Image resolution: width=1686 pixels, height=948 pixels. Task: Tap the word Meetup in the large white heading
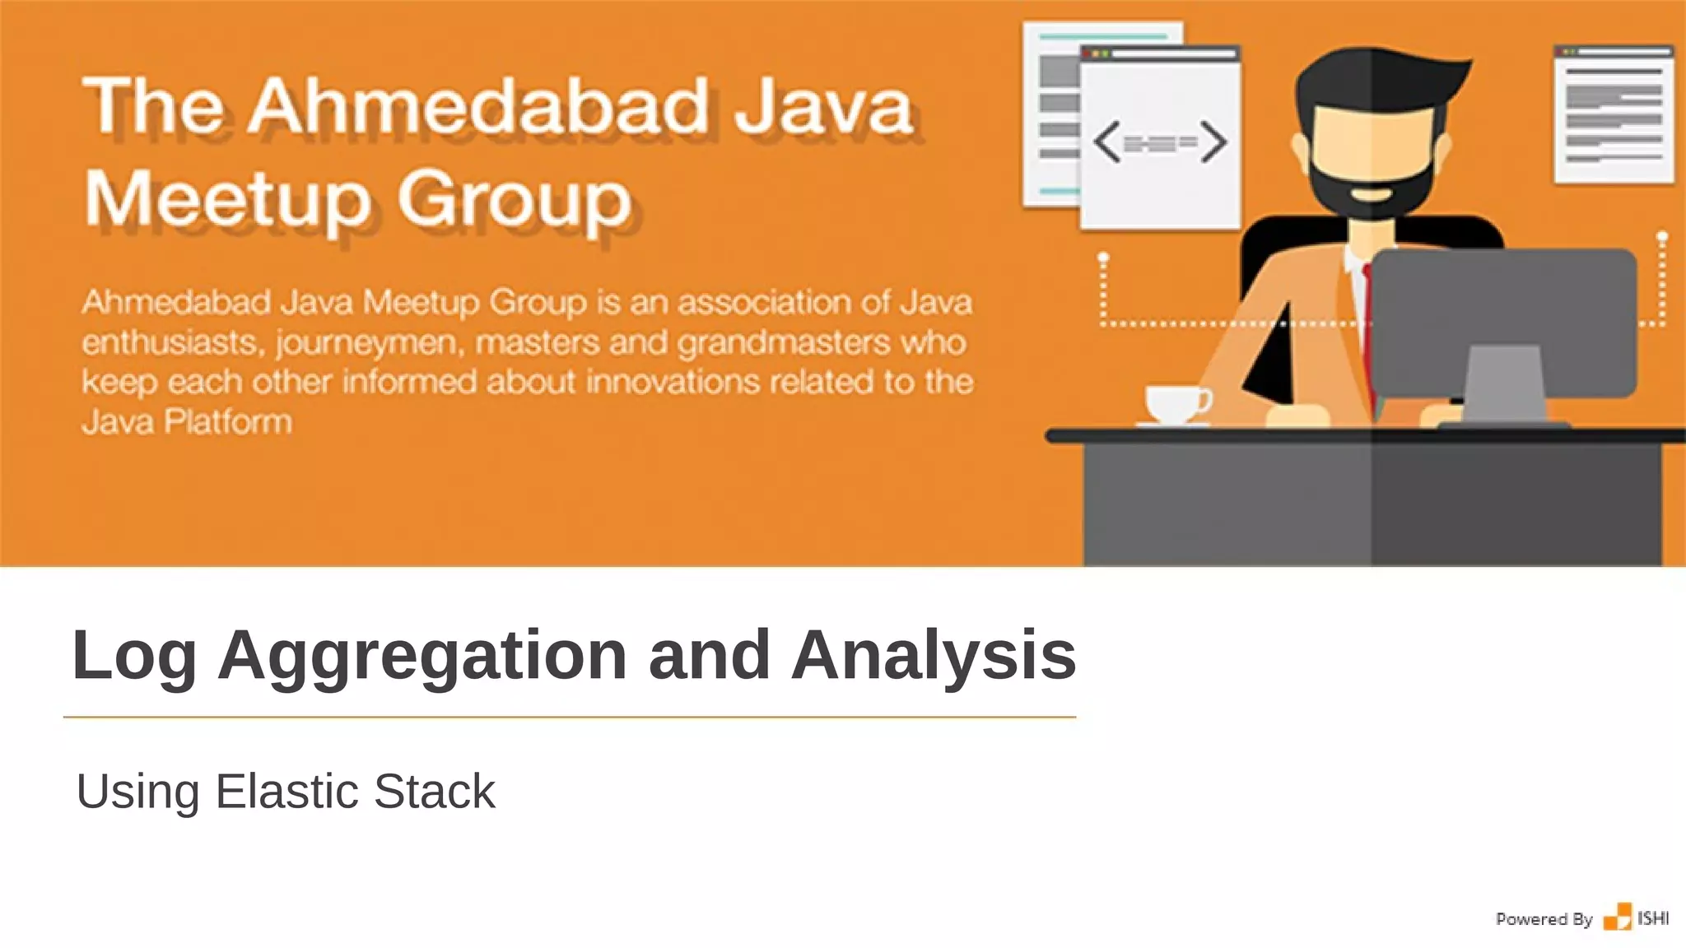pyautogui.click(x=227, y=200)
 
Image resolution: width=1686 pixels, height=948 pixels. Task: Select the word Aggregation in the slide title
pyautogui.click(x=421, y=656)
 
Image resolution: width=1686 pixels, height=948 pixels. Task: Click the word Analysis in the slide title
pyautogui.click(x=933, y=656)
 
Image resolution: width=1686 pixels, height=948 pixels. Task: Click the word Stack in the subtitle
pyautogui.click(x=434, y=792)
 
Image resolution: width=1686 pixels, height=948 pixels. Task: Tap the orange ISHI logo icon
pyautogui.click(x=1617, y=918)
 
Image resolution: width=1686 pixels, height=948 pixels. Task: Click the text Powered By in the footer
pyautogui.click(x=1544, y=919)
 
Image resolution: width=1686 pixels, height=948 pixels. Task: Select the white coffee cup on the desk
pyautogui.click(x=1176, y=404)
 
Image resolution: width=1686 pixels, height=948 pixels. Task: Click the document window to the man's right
pyautogui.click(x=1614, y=115)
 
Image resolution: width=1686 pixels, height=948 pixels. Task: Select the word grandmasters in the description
pyautogui.click(x=784, y=342)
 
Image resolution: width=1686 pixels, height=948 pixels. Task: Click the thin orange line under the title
pyautogui.click(x=570, y=717)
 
